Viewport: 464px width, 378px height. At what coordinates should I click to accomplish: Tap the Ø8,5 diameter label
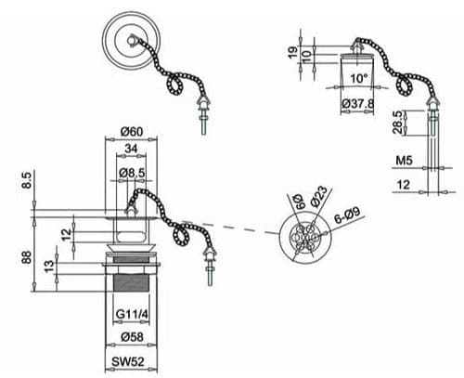(135, 175)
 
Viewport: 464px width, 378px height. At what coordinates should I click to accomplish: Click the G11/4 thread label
(134, 313)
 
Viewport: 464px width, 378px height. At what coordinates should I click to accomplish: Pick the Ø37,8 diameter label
(358, 104)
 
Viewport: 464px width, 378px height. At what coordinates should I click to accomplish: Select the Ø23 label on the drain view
(318, 196)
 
